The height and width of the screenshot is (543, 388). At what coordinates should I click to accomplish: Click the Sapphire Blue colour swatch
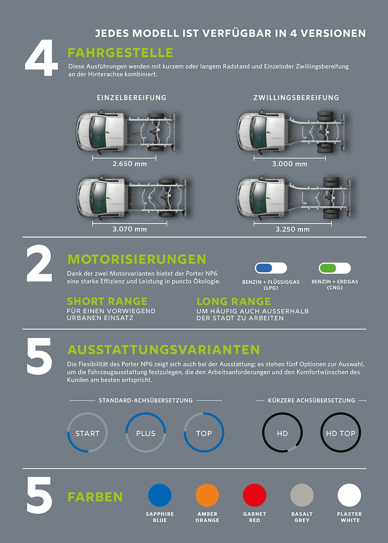160,495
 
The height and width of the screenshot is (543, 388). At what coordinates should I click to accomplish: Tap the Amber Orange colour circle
207,495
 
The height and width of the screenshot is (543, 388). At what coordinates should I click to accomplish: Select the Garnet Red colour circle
255,495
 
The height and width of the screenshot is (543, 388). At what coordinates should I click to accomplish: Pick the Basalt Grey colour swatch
302,495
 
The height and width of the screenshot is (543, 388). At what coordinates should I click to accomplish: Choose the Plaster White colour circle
350,495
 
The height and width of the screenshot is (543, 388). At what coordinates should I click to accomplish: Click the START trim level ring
67,433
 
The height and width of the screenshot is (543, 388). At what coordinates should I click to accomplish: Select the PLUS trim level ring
125,433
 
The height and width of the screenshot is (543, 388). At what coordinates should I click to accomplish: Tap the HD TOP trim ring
321,433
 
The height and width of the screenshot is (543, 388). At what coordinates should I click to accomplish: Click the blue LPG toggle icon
271,268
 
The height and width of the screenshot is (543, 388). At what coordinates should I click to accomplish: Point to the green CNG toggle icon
335,268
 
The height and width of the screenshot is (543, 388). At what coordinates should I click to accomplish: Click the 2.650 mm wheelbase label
129,164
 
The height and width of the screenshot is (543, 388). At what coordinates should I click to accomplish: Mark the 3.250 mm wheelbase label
293,229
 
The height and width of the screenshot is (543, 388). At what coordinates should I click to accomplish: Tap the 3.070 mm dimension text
129,229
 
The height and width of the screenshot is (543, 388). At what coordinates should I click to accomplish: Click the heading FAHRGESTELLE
121,53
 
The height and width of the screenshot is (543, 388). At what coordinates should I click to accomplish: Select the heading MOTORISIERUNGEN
137,259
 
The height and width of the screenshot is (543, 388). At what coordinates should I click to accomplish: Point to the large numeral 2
39,263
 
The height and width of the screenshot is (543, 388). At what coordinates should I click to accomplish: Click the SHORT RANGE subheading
107,301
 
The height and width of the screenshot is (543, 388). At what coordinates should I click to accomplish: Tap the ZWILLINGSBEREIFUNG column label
296,98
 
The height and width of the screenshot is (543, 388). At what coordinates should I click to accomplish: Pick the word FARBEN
95,497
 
